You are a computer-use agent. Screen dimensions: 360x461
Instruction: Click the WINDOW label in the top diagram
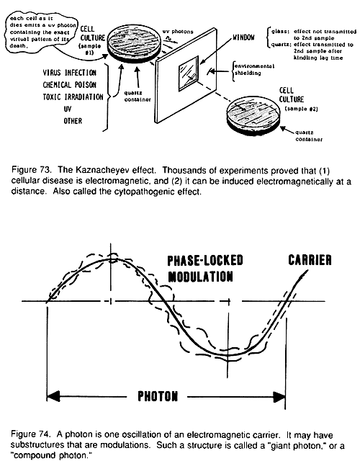click(x=243, y=37)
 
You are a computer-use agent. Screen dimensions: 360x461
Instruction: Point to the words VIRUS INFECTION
click(x=70, y=73)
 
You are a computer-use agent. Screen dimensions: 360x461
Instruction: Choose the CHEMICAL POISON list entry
click(x=70, y=85)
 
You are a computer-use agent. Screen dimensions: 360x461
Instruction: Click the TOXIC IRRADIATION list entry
click(x=73, y=97)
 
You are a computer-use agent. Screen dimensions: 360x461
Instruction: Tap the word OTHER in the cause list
click(x=73, y=121)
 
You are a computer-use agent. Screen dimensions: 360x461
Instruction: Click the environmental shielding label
click(x=254, y=69)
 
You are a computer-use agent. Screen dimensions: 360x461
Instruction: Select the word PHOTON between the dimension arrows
click(x=158, y=396)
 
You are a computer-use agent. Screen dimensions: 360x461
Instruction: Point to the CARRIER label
click(x=310, y=260)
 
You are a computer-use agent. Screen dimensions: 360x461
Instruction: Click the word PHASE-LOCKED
click(x=205, y=260)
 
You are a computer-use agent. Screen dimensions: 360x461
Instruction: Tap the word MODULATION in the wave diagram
click(x=200, y=277)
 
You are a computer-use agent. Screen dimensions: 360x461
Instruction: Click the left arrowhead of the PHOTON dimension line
click(x=53, y=396)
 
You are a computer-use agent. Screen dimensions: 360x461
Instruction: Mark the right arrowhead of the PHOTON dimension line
click(x=279, y=397)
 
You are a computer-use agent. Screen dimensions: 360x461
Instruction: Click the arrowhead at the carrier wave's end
click(x=304, y=274)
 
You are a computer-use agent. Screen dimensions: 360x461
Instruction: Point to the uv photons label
click(x=178, y=32)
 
